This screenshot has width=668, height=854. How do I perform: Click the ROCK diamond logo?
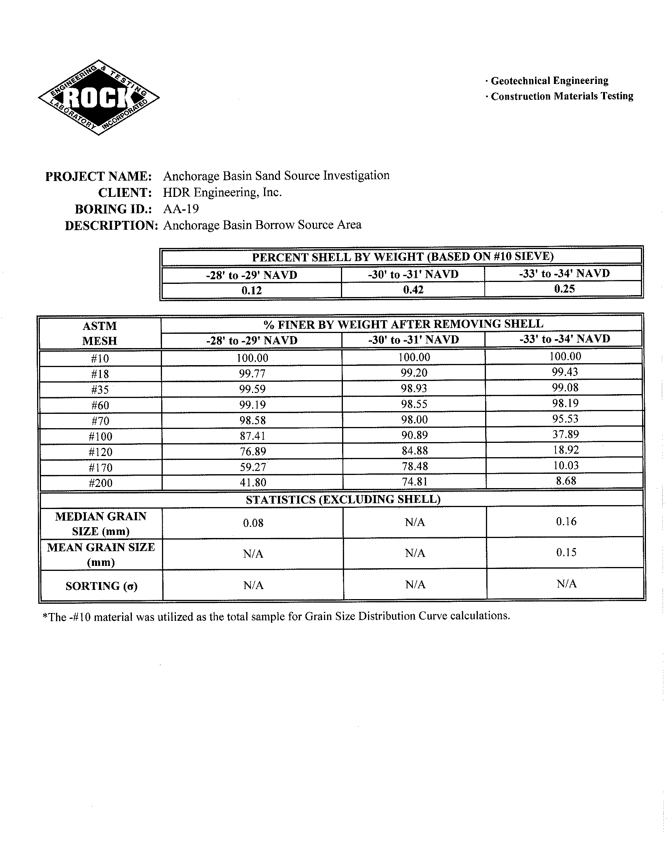[x=99, y=97]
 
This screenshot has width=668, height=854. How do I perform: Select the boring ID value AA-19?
[x=181, y=209]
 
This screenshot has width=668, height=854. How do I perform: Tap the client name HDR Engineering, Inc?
[x=222, y=193]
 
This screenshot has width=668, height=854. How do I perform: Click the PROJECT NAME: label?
[x=98, y=176]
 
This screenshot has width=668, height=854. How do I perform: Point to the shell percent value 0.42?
[x=413, y=290]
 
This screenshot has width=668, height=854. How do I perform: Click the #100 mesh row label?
[x=101, y=437]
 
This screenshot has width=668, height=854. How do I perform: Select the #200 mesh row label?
[x=101, y=483]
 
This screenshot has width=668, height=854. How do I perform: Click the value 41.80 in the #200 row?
[x=253, y=482]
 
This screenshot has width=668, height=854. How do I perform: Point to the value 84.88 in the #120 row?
[x=414, y=451]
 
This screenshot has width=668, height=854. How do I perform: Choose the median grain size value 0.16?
[x=566, y=521]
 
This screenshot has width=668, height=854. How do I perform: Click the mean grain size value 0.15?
[x=566, y=552]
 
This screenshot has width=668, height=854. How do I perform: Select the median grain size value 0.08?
[x=253, y=523]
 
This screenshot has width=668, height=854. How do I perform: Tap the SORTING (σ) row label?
[x=101, y=586]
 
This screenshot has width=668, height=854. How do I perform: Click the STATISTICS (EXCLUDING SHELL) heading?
[x=343, y=500]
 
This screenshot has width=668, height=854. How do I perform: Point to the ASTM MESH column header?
[x=100, y=333]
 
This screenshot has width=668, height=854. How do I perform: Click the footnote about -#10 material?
[x=276, y=617]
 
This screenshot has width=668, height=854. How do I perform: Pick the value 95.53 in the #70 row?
[x=565, y=419]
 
